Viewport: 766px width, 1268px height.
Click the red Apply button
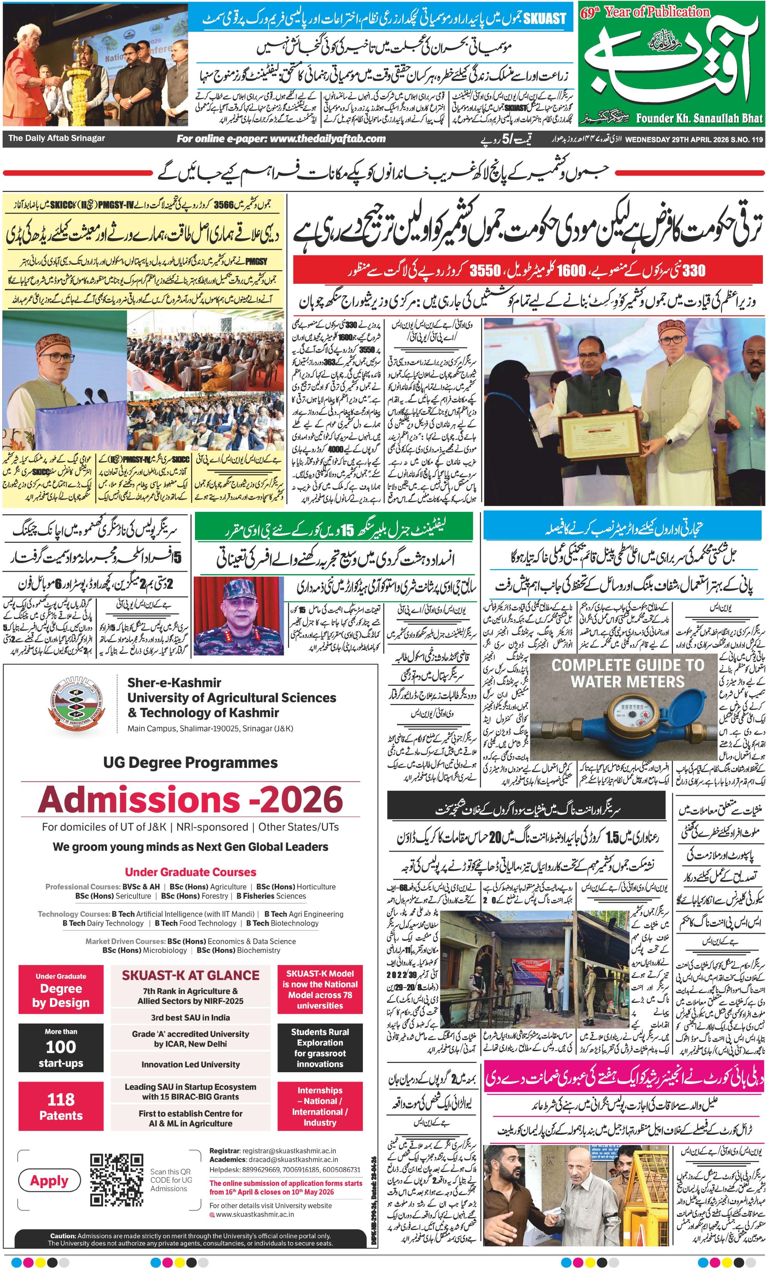pos(49,1180)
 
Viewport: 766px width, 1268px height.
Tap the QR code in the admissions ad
pos(116,1180)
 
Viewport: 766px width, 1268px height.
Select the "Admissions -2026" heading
pos(190,800)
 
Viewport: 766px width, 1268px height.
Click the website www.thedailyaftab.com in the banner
pos(281,138)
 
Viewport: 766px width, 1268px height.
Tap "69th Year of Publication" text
pos(645,12)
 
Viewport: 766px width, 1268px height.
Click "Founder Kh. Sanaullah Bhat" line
pos(699,118)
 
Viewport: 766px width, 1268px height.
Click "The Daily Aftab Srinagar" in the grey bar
pos(57,138)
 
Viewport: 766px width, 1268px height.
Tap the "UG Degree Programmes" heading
pos(190,762)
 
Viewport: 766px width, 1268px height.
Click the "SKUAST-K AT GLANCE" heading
pos(190,975)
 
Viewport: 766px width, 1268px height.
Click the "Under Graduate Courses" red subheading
pos(190,872)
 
